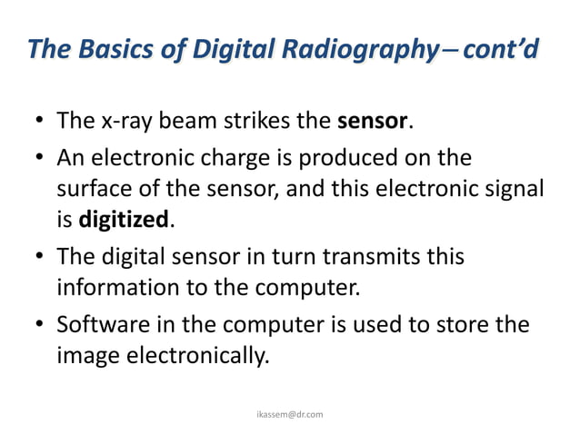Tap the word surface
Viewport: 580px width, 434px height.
tap(92, 189)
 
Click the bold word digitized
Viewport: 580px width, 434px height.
tap(124, 220)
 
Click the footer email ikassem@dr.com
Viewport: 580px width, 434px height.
tap(288, 414)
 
